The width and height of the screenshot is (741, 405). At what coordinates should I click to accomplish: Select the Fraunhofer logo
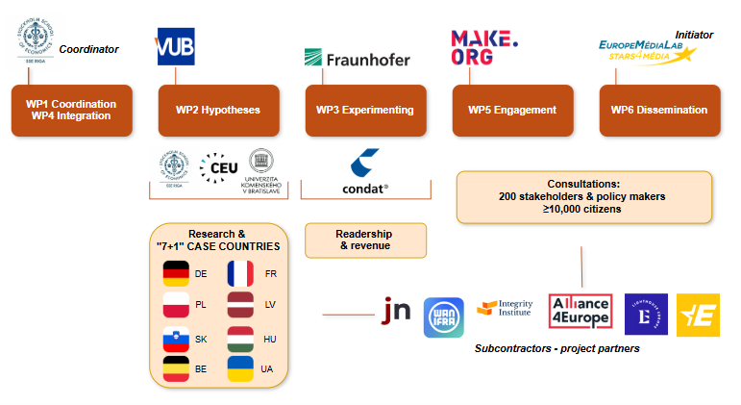(x=357, y=59)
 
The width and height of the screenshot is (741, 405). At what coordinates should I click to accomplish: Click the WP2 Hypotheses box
(x=218, y=110)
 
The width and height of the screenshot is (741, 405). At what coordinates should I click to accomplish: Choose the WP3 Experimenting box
(x=365, y=110)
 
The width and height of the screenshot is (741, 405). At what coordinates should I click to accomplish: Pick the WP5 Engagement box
(x=512, y=110)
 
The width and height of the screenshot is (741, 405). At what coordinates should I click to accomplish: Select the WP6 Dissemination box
(x=659, y=110)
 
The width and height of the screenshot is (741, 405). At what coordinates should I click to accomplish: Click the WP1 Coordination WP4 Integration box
(x=71, y=110)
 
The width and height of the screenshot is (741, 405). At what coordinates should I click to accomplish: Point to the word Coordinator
(x=88, y=49)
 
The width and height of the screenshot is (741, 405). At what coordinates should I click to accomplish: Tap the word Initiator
(x=694, y=34)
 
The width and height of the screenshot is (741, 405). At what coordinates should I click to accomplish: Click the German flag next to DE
(x=177, y=273)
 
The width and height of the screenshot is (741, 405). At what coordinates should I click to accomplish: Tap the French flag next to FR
(x=240, y=273)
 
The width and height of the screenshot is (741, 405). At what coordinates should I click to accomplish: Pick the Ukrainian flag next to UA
(x=240, y=368)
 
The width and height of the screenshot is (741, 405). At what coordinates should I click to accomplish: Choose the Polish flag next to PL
(x=177, y=306)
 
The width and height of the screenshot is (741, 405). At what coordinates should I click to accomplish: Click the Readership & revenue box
(x=365, y=240)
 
